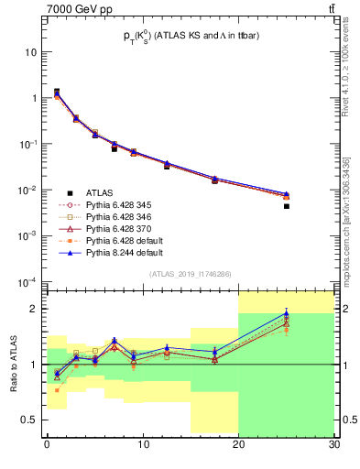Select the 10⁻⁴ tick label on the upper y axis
tap(29, 281)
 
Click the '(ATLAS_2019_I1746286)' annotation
tap(190, 273)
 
